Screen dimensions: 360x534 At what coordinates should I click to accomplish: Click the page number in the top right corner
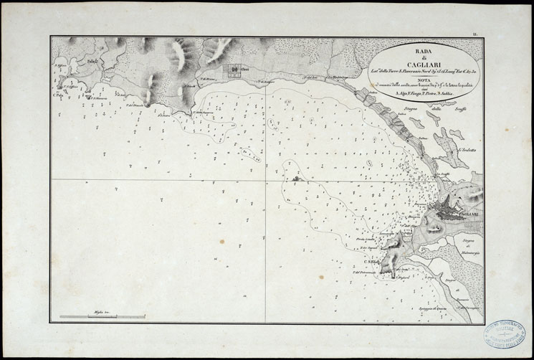pos(475,34)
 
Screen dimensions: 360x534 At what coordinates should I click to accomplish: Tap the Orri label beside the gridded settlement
pos(244,70)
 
